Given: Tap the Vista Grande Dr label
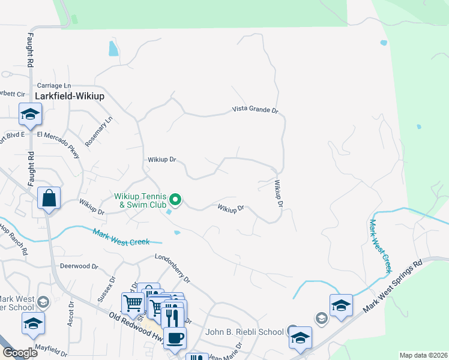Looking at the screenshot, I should click(256, 110).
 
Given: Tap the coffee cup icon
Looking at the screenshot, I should click(175, 337).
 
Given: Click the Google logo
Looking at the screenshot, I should click(20, 352).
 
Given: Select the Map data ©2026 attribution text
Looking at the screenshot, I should click(423, 355).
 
